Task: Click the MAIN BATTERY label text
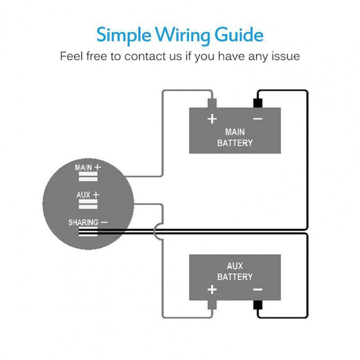235,137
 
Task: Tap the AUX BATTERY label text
235,272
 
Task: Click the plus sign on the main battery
212,119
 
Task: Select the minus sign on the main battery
258,119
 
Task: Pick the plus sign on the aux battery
212,289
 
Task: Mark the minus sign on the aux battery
258,289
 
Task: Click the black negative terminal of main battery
258,103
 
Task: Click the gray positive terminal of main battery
212,103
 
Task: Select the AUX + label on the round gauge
88,195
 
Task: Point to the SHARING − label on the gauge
88,223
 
